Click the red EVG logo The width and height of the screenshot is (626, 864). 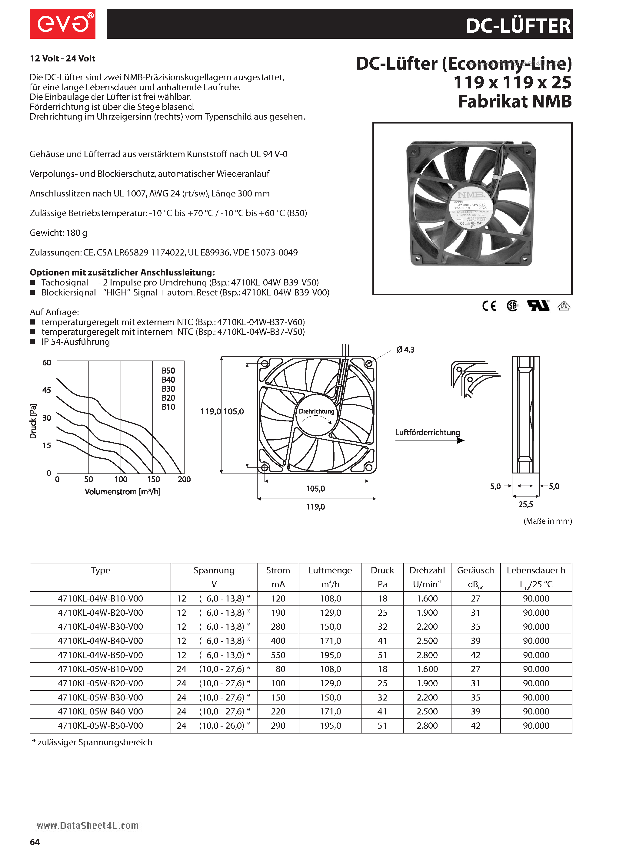[62, 24]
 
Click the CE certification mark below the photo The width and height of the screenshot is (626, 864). [489, 306]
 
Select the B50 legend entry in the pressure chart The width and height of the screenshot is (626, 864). [168, 371]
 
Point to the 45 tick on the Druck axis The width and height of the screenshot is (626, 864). [47, 390]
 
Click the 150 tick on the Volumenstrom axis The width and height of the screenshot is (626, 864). [153, 479]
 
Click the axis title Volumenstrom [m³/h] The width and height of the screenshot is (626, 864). [122, 492]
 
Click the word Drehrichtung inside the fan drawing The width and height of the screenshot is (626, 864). [316, 411]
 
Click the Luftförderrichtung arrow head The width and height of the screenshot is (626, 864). [461, 441]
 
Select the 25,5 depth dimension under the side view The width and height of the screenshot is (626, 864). [525, 504]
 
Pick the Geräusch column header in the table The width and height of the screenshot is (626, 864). [475, 570]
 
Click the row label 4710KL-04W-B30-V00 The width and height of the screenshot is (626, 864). [100, 627]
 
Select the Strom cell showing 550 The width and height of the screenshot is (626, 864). [278, 655]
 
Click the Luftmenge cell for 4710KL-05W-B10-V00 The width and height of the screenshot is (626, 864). [330, 669]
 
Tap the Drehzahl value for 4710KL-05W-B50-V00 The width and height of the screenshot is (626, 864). [427, 726]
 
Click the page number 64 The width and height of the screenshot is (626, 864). [35, 842]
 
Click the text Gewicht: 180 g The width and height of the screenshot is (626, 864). [58, 233]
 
